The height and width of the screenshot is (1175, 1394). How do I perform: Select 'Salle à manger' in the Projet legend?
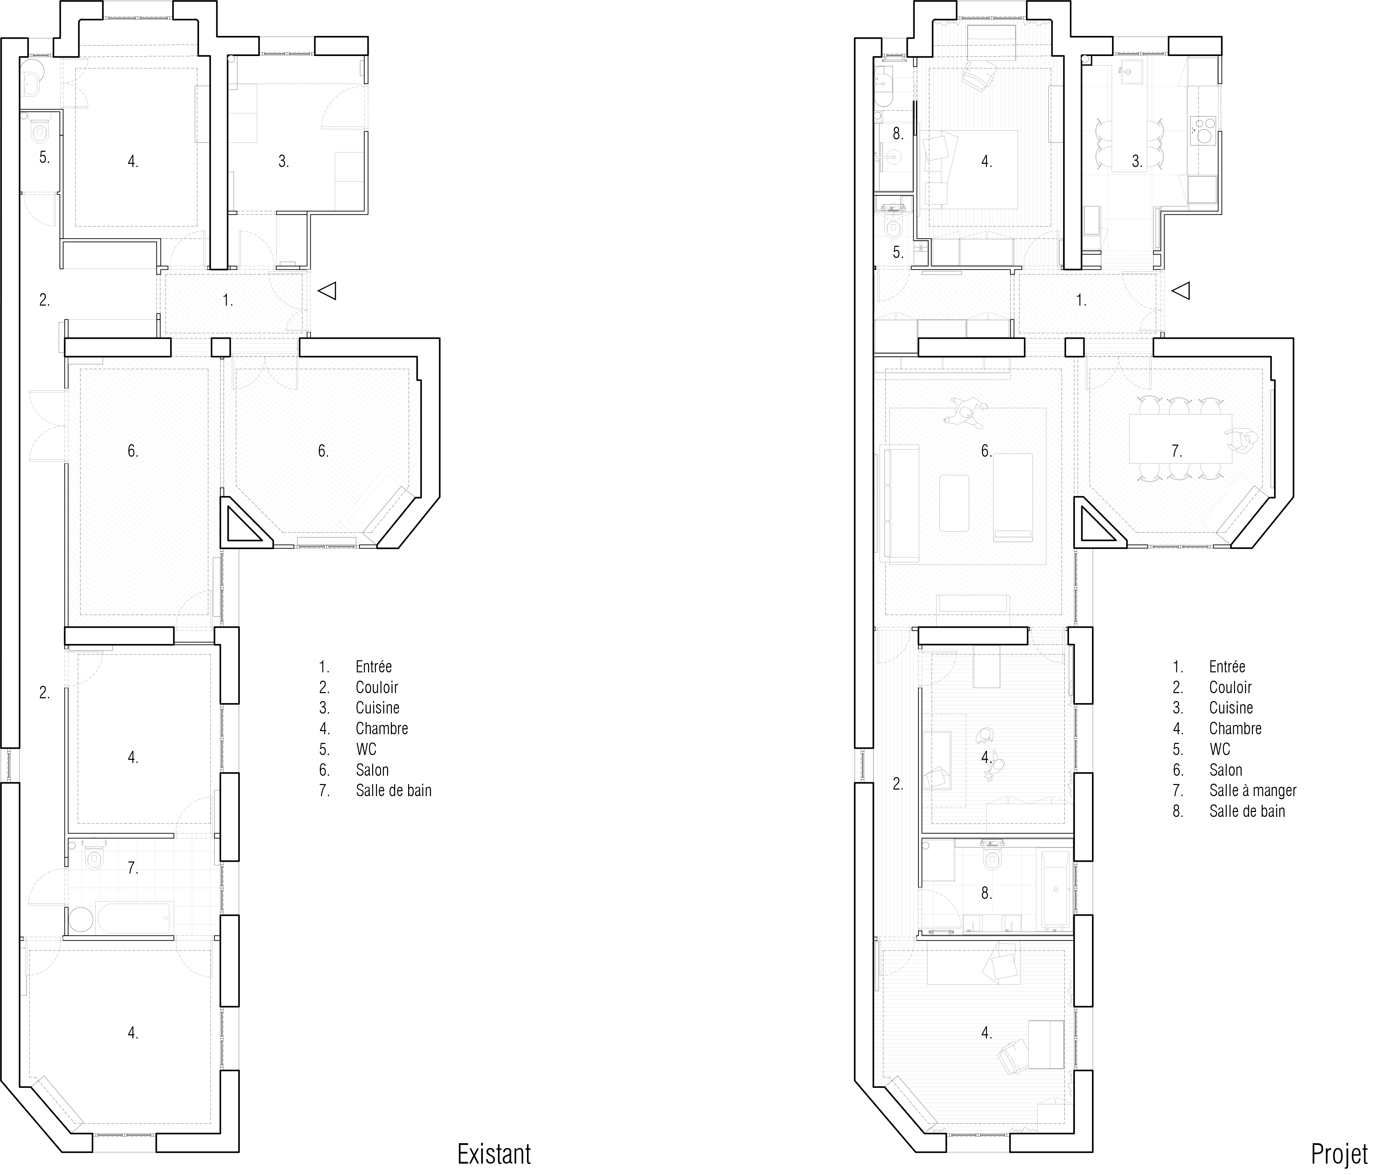click(1253, 791)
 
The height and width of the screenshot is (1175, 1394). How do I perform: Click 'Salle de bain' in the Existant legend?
click(394, 791)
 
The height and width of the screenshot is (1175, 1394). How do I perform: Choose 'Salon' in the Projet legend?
click(1226, 770)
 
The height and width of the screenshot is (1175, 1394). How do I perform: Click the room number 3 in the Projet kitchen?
click(1137, 161)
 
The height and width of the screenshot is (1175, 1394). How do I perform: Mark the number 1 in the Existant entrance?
click(228, 300)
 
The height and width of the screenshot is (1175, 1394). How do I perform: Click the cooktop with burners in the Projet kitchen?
click(1202, 131)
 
